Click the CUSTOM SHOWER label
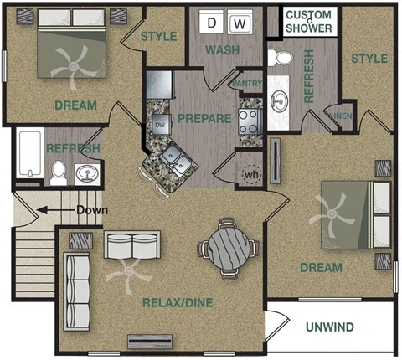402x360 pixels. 309,23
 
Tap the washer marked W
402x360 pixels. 240,23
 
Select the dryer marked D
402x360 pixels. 213,23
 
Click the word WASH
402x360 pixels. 223,50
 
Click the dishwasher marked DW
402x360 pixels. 159,126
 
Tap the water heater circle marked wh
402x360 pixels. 250,174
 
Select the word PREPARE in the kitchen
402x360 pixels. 204,118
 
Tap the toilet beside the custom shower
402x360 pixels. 282,59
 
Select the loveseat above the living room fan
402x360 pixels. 131,244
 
